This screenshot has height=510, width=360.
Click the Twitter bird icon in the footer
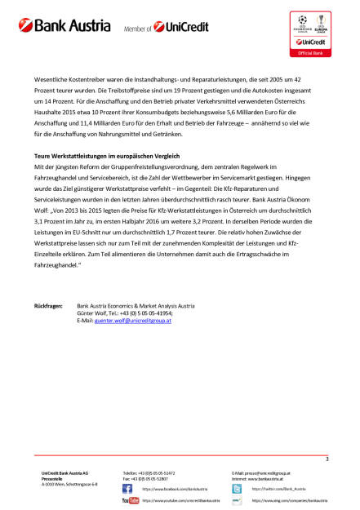tap(237, 489)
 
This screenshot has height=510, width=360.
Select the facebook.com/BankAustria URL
tap(170, 489)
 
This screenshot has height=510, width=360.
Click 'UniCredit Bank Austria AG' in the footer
tap(70, 472)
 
